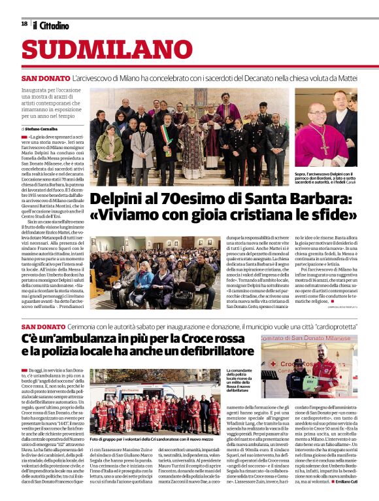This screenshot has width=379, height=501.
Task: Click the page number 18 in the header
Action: [x=24, y=24]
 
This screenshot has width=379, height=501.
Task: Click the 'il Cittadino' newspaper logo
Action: [x=50, y=25]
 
